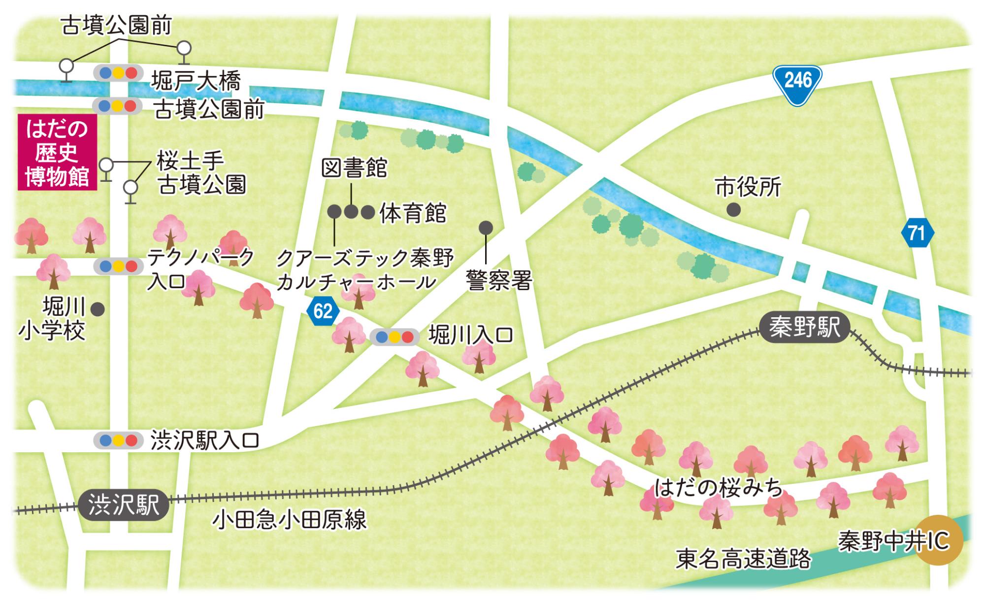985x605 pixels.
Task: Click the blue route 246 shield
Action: (797, 84)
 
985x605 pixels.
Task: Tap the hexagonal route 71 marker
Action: (918, 233)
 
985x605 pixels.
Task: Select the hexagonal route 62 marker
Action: (323, 311)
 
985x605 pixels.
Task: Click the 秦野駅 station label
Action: (804, 327)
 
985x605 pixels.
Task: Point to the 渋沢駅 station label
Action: (123, 505)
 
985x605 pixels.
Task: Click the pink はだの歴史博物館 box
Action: (57, 152)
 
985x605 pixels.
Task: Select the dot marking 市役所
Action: (733, 210)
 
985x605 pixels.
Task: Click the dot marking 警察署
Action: (486, 228)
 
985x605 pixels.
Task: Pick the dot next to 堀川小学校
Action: (98, 309)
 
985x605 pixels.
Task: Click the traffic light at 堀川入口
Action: (394, 337)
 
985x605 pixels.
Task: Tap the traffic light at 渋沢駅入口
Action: (119, 440)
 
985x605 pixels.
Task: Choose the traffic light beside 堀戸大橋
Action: (119, 73)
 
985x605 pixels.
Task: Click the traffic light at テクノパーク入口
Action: (119, 267)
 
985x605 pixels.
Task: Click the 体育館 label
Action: (413, 213)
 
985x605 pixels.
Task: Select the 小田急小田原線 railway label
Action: (290, 520)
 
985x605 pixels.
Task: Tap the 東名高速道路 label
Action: (743, 559)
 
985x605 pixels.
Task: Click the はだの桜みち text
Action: (719, 487)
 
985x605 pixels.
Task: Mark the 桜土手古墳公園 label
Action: (201, 172)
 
